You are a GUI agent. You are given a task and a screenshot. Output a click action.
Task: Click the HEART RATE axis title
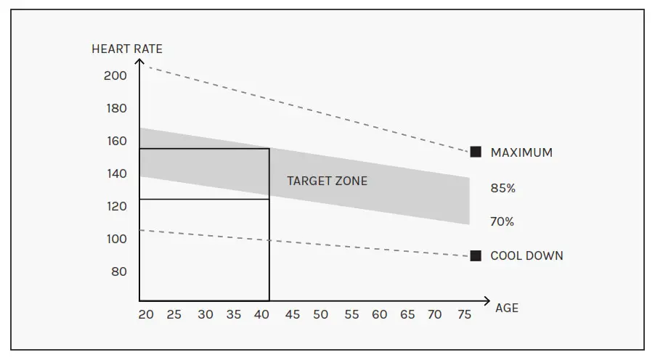click(127, 49)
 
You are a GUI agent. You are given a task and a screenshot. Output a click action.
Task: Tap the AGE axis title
click(507, 308)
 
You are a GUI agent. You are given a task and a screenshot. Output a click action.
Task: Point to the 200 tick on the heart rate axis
click(115, 75)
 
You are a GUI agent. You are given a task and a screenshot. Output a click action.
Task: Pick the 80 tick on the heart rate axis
click(118, 271)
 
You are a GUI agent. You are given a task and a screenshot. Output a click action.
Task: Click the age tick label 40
click(261, 315)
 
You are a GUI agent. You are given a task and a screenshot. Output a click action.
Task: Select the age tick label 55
click(351, 315)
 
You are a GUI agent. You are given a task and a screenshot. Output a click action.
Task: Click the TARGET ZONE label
click(327, 181)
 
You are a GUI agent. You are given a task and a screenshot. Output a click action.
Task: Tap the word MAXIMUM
click(521, 152)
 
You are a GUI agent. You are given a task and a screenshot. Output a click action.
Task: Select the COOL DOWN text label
click(526, 255)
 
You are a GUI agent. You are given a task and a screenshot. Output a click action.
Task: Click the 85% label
click(503, 189)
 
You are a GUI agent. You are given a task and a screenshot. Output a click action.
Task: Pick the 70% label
click(503, 222)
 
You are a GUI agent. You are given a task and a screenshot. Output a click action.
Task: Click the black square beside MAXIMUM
click(476, 152)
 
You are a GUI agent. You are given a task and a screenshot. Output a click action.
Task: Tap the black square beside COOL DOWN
click(476, 255)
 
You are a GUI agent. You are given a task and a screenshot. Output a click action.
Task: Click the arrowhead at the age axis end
click(487, 300)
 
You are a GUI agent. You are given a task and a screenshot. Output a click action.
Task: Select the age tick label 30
click(206, 315)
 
